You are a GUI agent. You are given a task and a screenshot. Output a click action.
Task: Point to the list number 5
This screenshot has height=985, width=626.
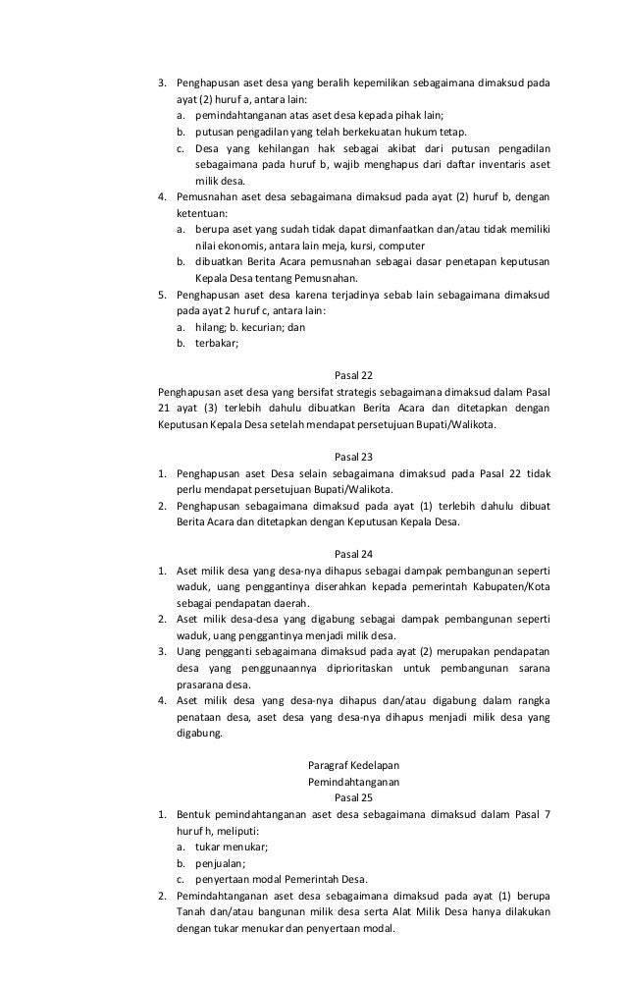pos(163,295)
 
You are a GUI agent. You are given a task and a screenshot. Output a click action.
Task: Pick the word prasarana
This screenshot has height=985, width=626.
pos(202,684)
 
